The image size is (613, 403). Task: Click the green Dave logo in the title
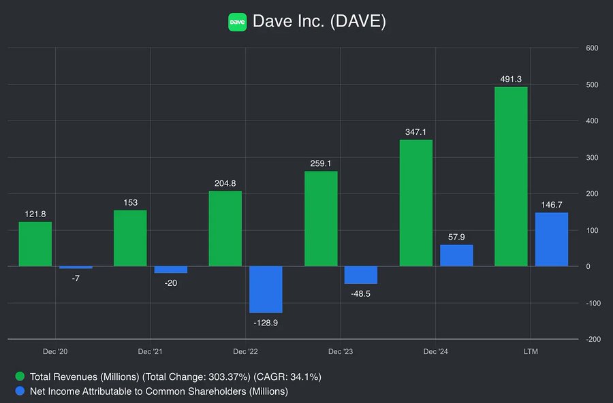[x=237, y=22]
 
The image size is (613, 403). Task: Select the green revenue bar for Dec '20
[x=35, y=244]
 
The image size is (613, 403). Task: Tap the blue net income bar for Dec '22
[x=266, y=289]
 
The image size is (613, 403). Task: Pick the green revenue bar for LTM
[x=511, y=176]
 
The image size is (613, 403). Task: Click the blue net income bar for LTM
[x=552, y=240]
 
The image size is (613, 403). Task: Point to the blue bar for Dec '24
[x=456, y=255]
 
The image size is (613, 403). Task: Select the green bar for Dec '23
[x=321, y=219]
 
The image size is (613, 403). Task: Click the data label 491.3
[x=511, y=79]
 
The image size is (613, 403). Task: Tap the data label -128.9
[x=266, y=323]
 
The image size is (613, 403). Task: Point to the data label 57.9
[x=456, y=237]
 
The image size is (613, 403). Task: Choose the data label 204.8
[x=225, y=183]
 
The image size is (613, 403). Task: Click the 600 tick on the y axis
[x=591, y=48]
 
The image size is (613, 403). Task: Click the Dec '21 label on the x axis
[x=150, y=352]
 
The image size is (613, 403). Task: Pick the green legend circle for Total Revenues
[x=20, y=376]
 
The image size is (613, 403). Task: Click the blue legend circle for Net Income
[x=20, y=391]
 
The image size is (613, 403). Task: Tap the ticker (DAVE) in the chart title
[x=358, y=22]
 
